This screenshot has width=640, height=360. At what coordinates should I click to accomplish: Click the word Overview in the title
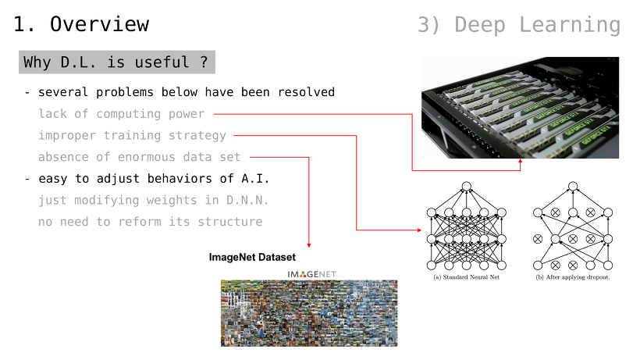tap(99, 24)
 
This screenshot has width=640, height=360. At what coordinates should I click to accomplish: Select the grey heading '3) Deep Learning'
tap(519, 25)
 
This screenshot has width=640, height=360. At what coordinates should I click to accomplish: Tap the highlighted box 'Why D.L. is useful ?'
tap(117, 62)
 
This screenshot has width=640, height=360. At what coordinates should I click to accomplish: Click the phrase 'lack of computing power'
tap(121, 114)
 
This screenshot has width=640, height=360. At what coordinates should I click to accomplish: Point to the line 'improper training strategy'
tap(132, 136)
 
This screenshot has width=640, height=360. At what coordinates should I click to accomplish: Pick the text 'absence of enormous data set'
tap(140, 157)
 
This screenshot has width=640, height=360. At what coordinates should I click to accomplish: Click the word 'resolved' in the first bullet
tap(306, 92)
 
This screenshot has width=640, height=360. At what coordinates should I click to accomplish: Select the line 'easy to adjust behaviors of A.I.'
tap(154, 179)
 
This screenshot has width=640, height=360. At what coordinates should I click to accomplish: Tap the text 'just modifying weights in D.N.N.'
tap(154, 201)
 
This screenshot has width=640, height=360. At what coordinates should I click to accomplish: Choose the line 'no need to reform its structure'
tap(150, 222)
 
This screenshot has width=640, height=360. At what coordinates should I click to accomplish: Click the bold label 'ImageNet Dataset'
tap(252, 257)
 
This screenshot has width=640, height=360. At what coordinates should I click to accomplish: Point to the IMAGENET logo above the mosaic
tap(312, 274)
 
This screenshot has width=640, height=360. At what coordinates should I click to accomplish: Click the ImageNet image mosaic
tap(309, 313)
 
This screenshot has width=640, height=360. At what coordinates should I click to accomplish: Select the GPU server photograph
tap(520, 108)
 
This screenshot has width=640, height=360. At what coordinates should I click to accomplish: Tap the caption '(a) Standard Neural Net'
tap(466, 277)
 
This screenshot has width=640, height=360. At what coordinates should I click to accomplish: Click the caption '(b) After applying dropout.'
tap(573, 277)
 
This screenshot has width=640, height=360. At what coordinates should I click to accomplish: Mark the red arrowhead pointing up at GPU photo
tap(521, 162)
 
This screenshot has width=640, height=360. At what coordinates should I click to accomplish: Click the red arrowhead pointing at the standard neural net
tap(419, 230)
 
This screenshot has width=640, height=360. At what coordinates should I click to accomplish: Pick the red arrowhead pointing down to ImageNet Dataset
tap(309, 245)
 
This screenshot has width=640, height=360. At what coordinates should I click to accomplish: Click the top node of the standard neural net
tap(467, 187)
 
